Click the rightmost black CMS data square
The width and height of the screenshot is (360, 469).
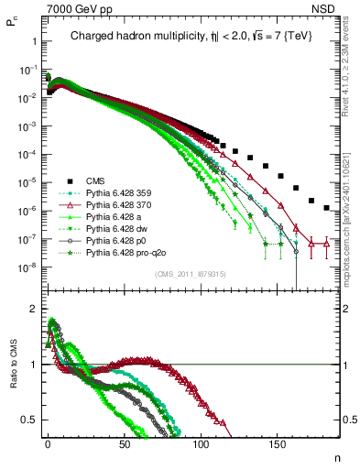(x=327, y=208)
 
